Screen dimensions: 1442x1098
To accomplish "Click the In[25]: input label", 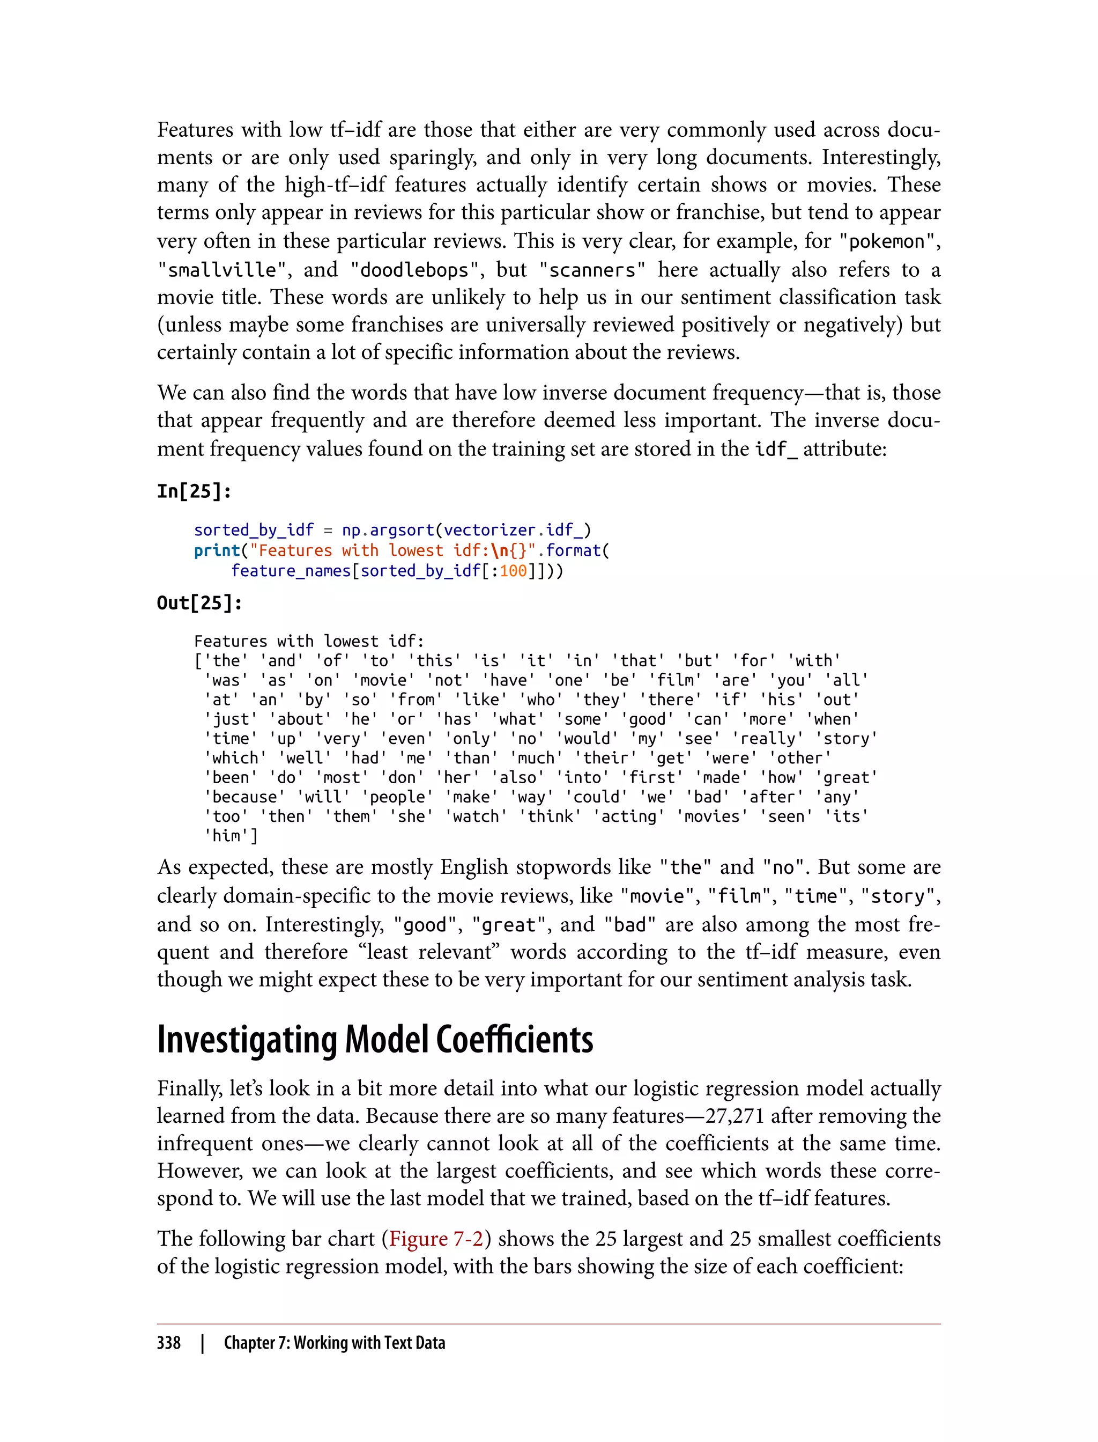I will point(194,491).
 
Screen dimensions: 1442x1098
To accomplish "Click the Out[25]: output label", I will point(199,602).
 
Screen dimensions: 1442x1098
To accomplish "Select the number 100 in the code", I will point(513,571).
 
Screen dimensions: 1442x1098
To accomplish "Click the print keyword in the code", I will point(217,550).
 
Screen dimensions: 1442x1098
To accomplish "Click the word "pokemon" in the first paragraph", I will point(886,242).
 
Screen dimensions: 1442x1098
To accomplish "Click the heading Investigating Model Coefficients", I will point(375,1039).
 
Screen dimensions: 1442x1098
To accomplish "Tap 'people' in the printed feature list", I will point(397,797).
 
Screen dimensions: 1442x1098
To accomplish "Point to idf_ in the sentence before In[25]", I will point(776,449).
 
